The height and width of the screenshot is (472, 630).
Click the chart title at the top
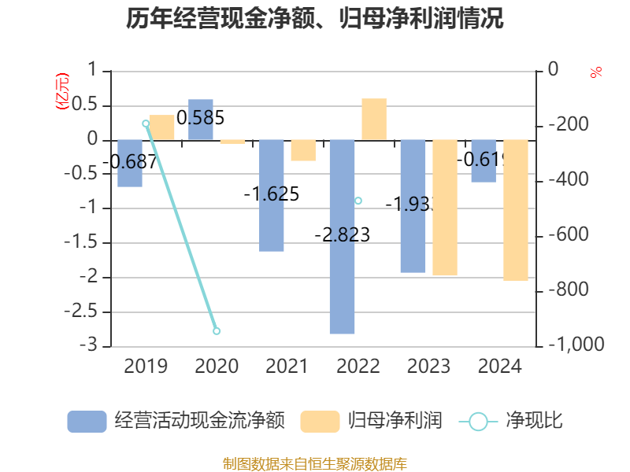(315, 19)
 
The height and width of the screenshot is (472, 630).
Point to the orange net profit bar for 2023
(445, 208)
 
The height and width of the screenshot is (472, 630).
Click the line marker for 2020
(217, 331)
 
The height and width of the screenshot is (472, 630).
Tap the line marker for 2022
(358, 201)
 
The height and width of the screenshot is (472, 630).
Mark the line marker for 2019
(146, 124)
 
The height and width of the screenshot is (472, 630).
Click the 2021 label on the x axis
(287, 367)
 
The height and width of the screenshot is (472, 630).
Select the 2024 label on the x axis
(500, 367)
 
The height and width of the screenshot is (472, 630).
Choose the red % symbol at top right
(596, 72)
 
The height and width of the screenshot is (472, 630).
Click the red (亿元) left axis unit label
(61, 91)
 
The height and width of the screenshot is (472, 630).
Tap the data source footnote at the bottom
(315, 463)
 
